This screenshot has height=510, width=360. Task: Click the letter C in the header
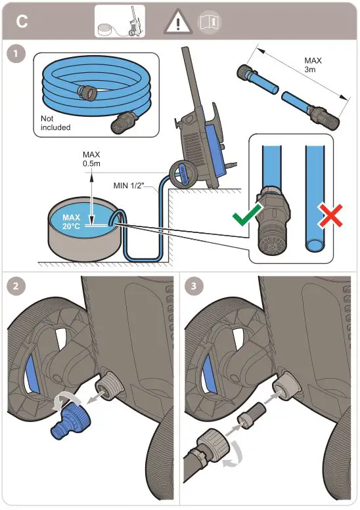[22, 22]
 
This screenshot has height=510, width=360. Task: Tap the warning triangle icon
[176, 22]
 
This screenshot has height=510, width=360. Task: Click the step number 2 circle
[14, 286]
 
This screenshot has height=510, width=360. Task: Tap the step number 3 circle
[193, 286]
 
